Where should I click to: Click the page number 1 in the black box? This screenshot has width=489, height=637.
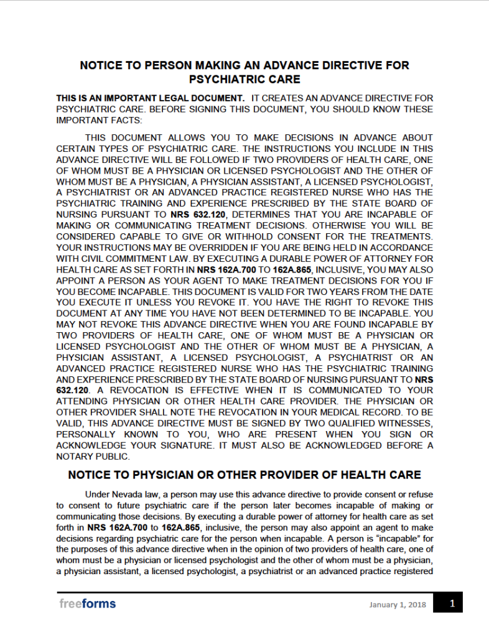coord(452,603)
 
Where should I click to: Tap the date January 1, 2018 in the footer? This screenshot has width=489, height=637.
coord(397,604)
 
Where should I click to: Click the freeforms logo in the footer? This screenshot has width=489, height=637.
coord(88,603)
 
